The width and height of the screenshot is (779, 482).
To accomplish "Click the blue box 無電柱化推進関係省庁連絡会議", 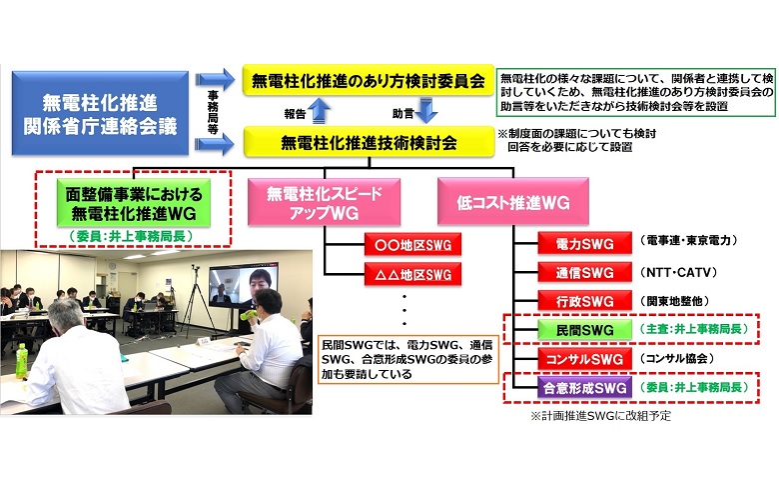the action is coord(100,113).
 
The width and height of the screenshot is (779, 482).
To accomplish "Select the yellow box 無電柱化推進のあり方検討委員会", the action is coord(368,80).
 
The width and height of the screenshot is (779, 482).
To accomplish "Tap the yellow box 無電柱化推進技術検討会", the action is coord(369,142).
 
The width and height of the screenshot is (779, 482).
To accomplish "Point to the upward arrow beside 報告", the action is coord(321,110).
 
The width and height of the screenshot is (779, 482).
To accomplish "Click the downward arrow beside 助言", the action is coord(426,110).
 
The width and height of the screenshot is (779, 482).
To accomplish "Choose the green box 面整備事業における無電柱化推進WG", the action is coord(134,203).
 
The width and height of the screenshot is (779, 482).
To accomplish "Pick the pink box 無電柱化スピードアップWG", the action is coord(324,202).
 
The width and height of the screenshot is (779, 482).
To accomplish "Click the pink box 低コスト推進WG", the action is coord(513,201).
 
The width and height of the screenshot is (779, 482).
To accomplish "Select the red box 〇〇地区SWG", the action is coord(412,245).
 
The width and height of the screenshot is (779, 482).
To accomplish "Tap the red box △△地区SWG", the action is coord(412,274).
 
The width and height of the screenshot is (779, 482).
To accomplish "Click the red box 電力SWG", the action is coord(584,244).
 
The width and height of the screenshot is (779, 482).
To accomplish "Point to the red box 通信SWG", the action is coord(584,273).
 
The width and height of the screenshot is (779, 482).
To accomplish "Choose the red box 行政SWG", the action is coord(584,301).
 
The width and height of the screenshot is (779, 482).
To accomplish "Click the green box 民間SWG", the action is coord(584,330).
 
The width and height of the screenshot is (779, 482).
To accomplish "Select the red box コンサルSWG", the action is coord(584,359).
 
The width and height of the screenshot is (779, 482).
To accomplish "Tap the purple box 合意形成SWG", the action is coord(584,387).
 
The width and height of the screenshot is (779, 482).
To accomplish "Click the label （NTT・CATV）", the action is coord(679,273).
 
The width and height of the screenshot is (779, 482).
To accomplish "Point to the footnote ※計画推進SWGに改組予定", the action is coord(601,416).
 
